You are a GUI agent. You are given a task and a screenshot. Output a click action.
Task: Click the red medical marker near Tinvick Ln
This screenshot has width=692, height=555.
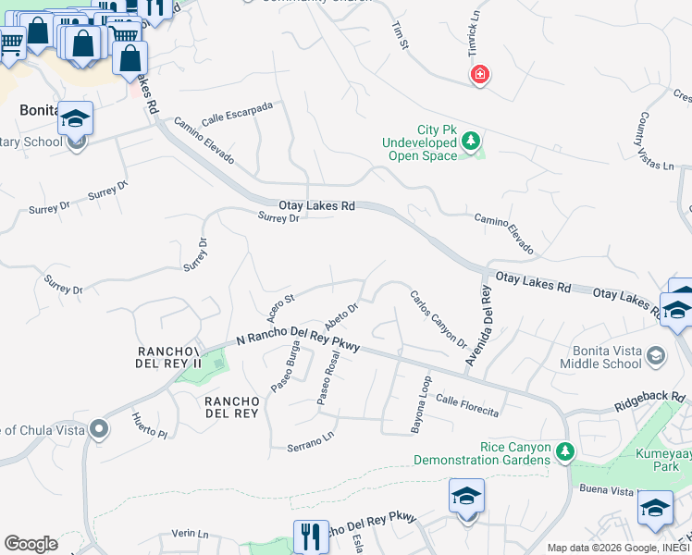(x=479, y=74)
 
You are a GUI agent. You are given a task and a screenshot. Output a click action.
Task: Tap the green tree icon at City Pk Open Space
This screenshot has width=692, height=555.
(x=472, y=142)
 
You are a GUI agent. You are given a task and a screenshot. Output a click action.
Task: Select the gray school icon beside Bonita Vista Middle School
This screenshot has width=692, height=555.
(x=656, y=356)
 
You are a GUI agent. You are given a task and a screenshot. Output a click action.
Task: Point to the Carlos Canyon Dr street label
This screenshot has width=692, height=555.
(x=438, y=318)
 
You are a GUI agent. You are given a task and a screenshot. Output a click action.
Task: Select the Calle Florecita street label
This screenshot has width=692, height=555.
(x=467, y=405)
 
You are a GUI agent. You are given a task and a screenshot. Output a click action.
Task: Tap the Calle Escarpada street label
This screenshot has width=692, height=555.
(x=237, y=114)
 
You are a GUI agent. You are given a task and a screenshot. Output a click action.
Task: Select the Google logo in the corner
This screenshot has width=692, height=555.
(x=31, y=544)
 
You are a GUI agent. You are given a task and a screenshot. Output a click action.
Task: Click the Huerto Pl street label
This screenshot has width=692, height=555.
(x=148, y=426)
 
